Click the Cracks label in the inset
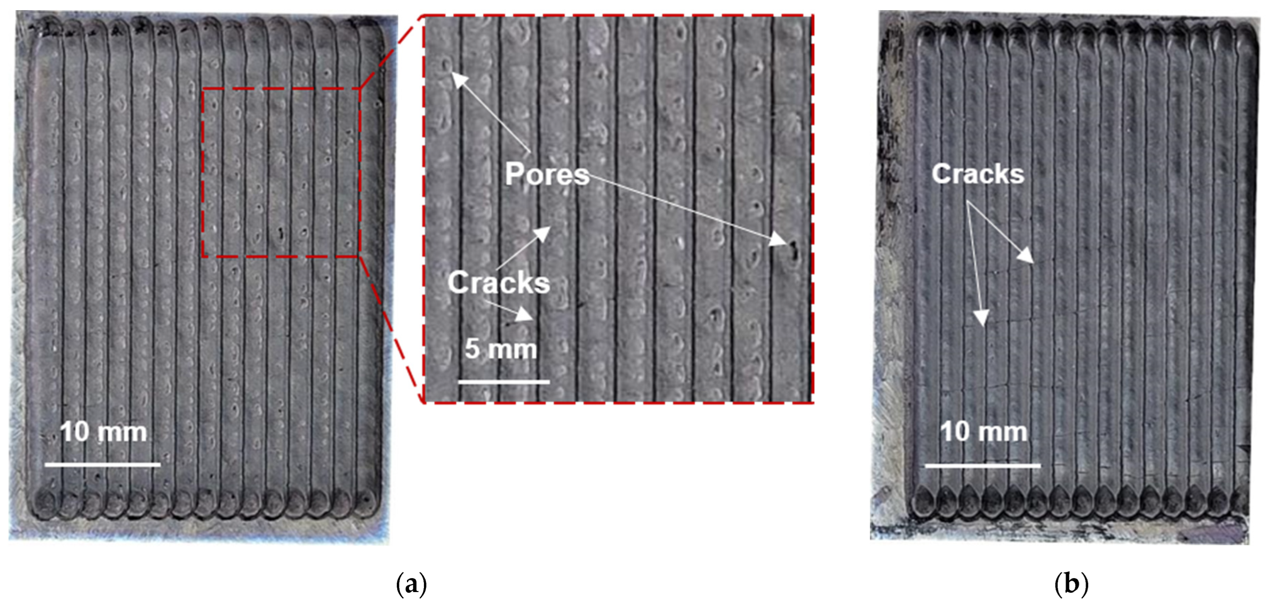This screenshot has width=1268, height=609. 498,282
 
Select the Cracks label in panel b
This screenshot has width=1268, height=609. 977,174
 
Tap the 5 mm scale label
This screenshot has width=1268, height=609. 501,349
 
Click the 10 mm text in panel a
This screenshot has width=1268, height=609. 103,432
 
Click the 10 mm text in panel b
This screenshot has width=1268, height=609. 983,432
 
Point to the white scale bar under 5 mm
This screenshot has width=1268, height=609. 504,382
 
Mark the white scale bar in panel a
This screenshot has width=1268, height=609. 102,464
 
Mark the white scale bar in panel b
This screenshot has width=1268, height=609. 983,465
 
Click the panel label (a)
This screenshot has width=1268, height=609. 411,584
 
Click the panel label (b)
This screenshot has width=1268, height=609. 1071,584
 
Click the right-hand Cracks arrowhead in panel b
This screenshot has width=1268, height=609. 1027,257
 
